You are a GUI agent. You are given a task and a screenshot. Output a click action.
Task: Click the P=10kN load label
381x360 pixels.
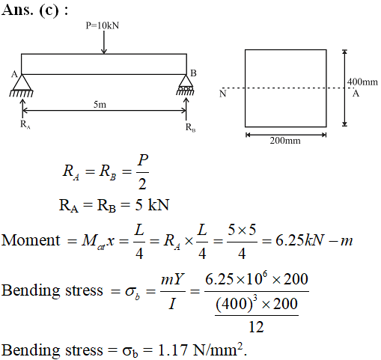[x=103, y=25]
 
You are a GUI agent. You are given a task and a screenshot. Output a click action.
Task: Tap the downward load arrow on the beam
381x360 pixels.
[x=104, y=42]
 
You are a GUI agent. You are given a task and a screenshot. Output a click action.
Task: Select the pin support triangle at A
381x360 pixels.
[x=22, y=82]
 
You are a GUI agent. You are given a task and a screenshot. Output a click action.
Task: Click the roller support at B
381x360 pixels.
[x=186, y=85]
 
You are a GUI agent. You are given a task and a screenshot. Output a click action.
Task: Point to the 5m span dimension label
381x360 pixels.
[x=100, y=105]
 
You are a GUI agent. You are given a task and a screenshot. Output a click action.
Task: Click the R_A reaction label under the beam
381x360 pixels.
[x=25, y=124]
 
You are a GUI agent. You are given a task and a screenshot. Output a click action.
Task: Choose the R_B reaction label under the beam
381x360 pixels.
[x=190, y=127]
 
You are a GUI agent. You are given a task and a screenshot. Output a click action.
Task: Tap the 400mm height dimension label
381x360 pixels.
[x=362, y=82]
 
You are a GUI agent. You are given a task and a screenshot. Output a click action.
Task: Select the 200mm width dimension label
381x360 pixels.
[x=285, y=141]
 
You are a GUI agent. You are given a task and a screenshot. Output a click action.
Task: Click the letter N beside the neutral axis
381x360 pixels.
[x=222, y=94]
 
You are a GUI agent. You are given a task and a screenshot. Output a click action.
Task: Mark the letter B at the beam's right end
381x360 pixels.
[x=193, y=73]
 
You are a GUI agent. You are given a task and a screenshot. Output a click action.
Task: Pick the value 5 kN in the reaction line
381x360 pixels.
[x=152, y=205]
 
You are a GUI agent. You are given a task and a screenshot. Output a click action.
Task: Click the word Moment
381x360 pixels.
[x=31, y=240]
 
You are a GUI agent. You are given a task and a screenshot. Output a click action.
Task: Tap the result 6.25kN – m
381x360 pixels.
[x=314, y=241]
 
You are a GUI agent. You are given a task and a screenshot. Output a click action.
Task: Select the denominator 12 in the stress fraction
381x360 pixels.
[x=256, y=327]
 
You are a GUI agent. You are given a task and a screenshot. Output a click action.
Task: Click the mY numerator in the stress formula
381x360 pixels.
[x=172, y=279]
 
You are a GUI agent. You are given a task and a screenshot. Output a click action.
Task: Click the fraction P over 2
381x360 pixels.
[x=142, y=172]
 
